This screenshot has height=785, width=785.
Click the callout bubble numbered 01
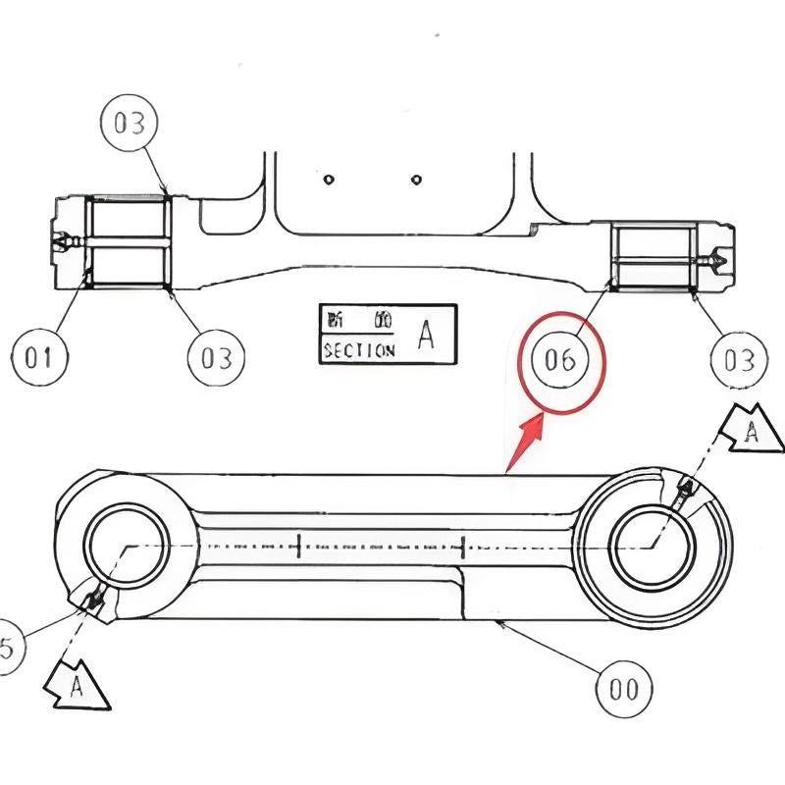click(39, 358)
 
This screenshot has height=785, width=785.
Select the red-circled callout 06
click(560, 361)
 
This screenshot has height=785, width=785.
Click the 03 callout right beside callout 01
click(216, 358)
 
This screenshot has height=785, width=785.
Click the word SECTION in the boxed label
click(358, 350)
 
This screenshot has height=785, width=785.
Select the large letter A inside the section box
click(426, 335)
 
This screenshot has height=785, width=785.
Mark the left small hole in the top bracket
click(330, 180)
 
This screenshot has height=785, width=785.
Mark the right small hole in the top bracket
click(417, 180)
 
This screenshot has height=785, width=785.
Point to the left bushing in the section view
click(129, 241)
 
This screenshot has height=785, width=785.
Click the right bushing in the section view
click(654, 257)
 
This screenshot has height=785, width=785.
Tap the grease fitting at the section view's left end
click(62, 241)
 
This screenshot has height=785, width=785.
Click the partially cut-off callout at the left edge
click(6, 649)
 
